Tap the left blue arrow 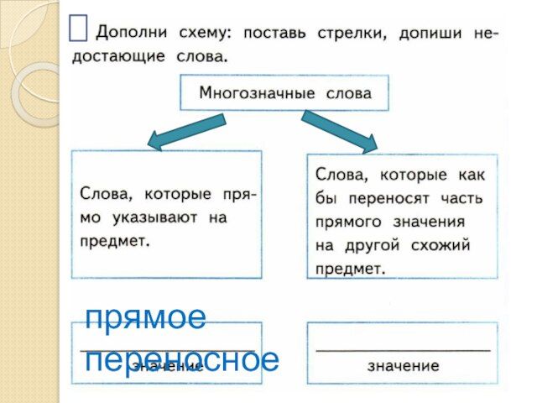187,133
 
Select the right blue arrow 339,131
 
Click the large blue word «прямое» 146,318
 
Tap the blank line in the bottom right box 402,348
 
